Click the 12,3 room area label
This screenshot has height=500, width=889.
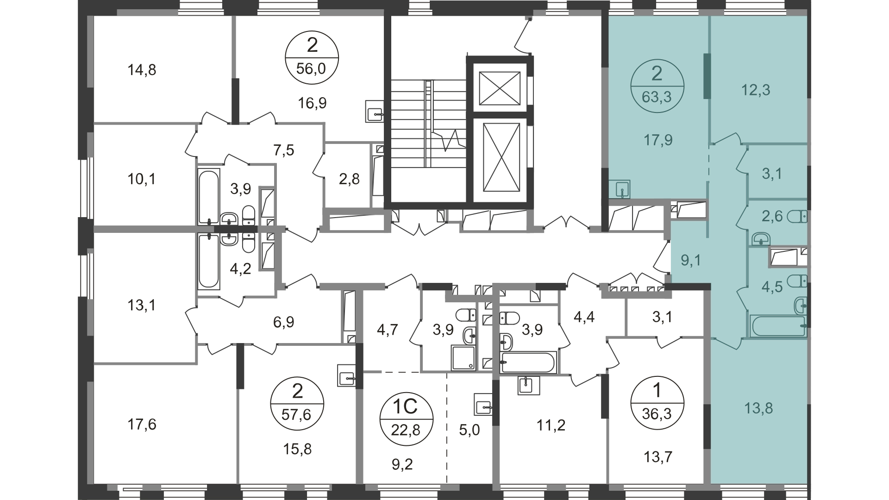(x=756, y=90)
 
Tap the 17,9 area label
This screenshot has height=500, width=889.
(x=658, y=140)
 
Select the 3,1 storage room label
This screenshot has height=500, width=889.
(x=772, y=174)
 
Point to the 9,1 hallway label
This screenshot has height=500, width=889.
(x=691, y=261)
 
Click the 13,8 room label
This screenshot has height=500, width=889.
(x=758, y=408)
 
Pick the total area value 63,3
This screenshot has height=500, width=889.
(x=657, y=98)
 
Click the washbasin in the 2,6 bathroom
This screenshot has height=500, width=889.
(x=761, y=239)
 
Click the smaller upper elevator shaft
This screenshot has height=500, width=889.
(x=499, y=88)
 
